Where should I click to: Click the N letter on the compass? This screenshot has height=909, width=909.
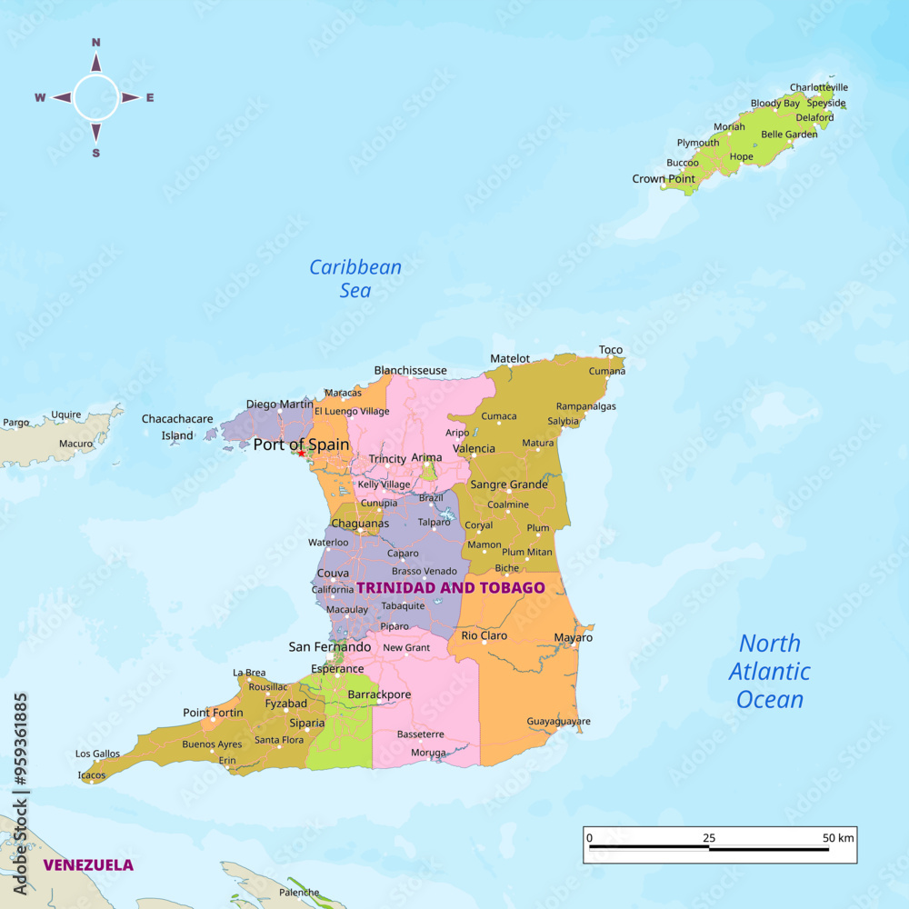pyautogui.click(x=96, y=42)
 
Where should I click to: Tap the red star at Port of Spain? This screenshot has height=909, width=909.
pyautogui.click(x=301, y=453)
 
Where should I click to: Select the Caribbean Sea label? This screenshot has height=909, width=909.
pyautogui.click(x=355, y=278)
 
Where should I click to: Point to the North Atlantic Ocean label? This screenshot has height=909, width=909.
pyautogui.click(x=770, y=672)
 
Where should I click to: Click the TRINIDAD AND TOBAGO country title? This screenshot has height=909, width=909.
pyautogui.click(x=450, y=587)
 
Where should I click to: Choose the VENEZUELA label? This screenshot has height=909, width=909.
pyautogui.click(x=88, y=864)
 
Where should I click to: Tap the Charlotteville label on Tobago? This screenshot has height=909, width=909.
pyautogui.click(x=818, y=87)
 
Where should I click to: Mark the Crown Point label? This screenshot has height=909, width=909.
pyautogui.click(x=664, y=179)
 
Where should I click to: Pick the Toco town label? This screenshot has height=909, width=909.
pyautogui.click(x=611, y=350)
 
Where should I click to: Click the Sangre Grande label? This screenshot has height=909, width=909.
pyautogui.click(x=509, y=484)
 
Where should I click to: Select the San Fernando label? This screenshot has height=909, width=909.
pyautogui.click(x=330, y=647)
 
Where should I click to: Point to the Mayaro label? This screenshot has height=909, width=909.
pyautogui.click(x=573, y=637)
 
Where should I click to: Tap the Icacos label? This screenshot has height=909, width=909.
pyautogui.click(x=92, y=775)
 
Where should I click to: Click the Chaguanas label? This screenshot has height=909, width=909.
pyautogui.click(x=360, y=524)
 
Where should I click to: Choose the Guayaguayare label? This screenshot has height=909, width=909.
pyautogui.click(x=558, y=722)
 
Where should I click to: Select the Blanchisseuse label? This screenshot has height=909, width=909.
pyautogui.click(x=411, y=370)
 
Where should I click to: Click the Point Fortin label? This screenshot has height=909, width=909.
pyautogui.click(x=213, y=713)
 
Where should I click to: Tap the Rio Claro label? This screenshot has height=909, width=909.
pyautogui.click(x=484, y=635)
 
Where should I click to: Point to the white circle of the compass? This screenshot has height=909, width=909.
pyautogui.click(x=95, y=97)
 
